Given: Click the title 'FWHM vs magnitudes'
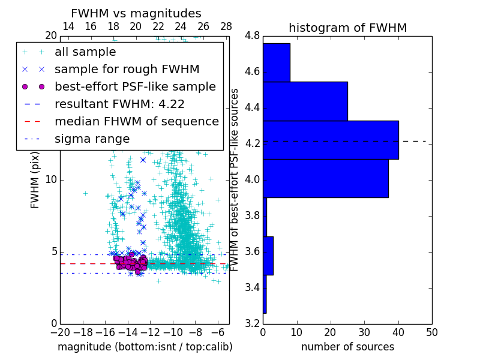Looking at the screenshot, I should click(x=136, y=13).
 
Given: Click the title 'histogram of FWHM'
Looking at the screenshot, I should click(x=347, y=28).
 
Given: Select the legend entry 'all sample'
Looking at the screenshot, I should click(x=85, y=52).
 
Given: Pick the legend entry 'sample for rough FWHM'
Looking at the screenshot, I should click(x=127, y=70).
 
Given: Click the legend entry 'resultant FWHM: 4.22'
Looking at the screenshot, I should click(x=119, y=104).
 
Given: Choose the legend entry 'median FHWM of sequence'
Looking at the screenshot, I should click(x=136, y=121).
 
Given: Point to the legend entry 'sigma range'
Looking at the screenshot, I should click(x=92, y=139).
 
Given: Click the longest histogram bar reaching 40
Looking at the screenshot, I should click(x=331, y=140).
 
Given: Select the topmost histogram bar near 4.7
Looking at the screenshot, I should click(x=277, y=62).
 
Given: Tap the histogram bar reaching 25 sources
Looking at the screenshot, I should click(x=305, y=101).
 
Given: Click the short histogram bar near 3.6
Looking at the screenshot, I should click(x=268, y=256).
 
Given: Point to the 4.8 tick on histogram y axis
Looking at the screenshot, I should click(x=252, y=36).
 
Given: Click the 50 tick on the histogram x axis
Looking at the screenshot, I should click(x=431, y=332).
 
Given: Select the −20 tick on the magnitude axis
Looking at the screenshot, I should click(x=59, y=332).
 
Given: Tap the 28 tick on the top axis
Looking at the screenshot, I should click(x=226, y=26).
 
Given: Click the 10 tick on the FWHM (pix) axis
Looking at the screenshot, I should click(x=52, y=180).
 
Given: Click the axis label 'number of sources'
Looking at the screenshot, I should click(x=347, y=347).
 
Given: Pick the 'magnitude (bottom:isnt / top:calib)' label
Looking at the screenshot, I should click(x=145, y=347).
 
